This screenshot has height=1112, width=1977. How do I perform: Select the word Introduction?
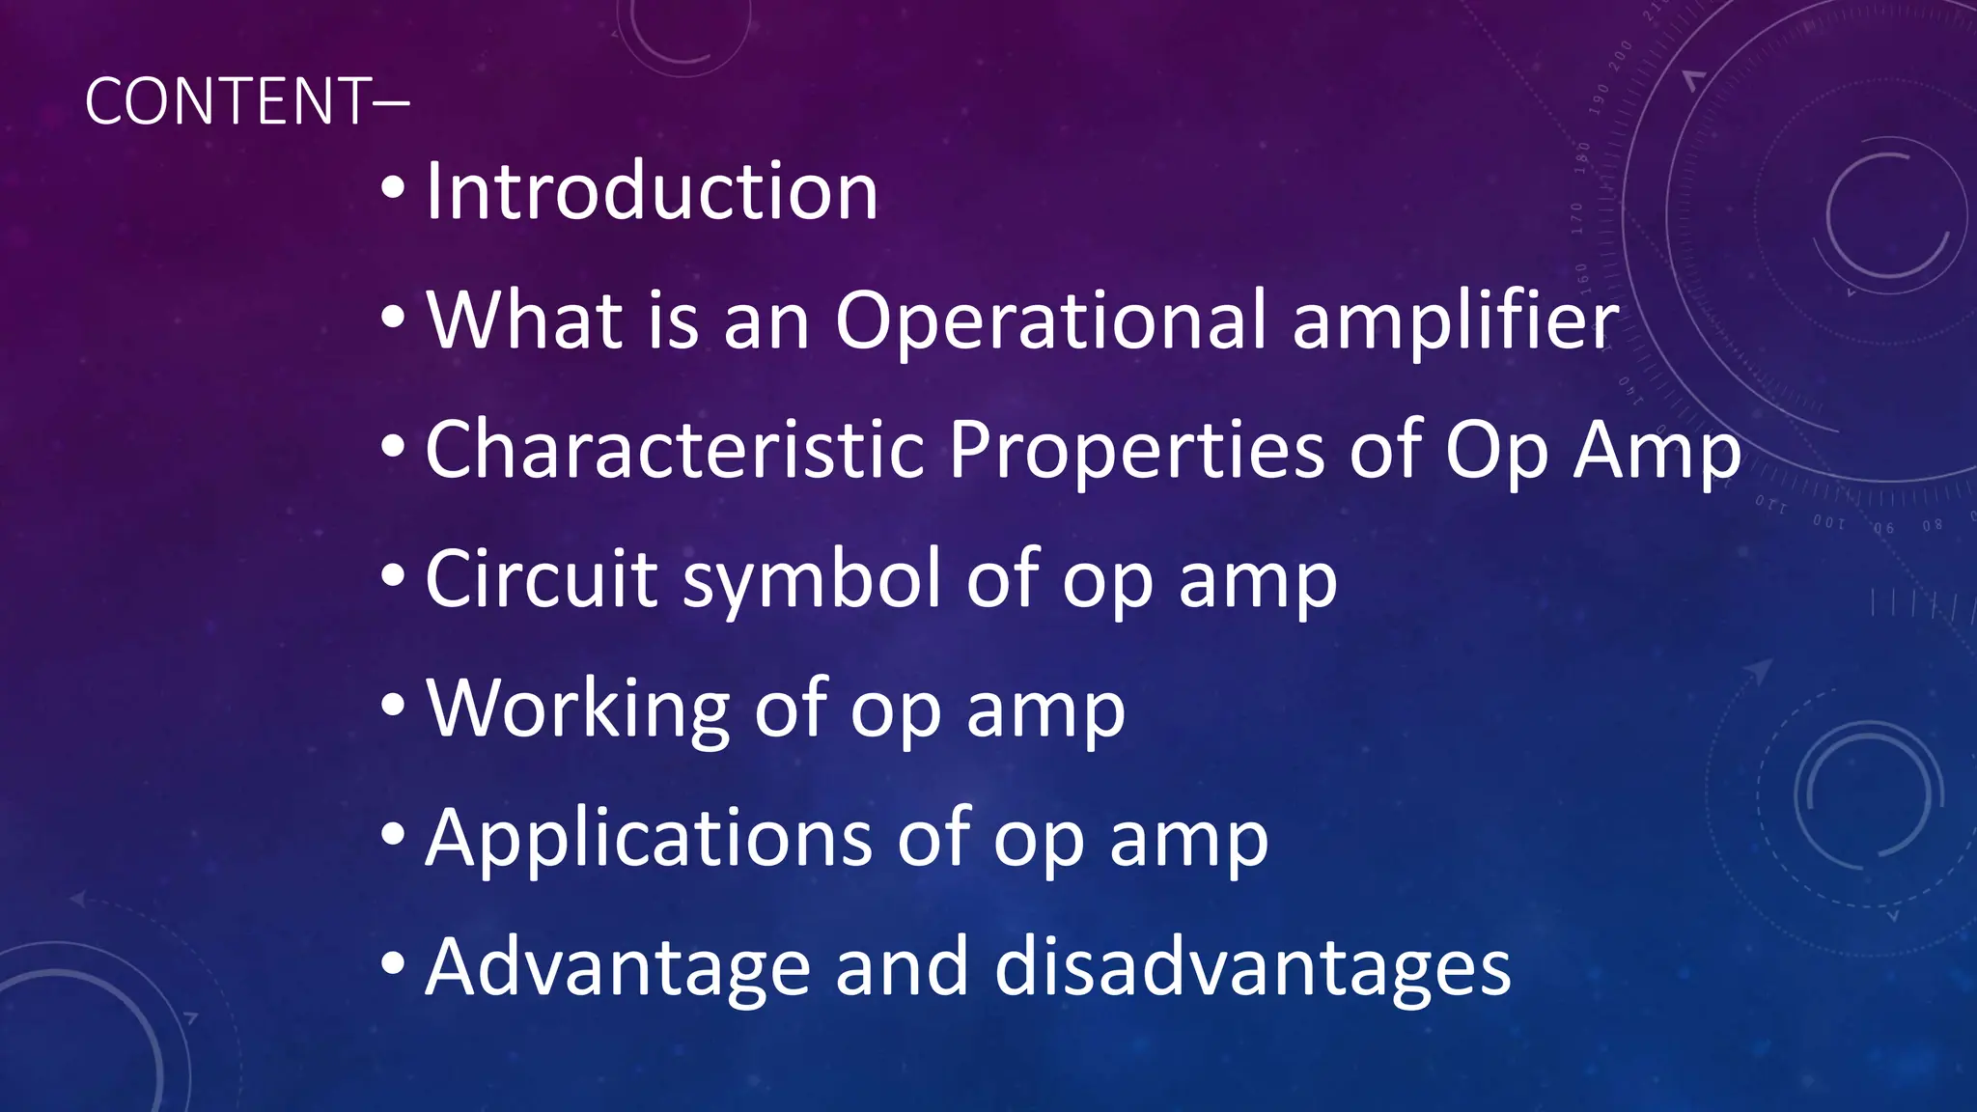[x=652, y=191]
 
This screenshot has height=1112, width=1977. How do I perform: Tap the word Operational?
[x=1050, y=320]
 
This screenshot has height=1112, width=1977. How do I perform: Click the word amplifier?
[x=1456, y=320]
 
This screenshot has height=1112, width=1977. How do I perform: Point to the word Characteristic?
[x=675, y=450]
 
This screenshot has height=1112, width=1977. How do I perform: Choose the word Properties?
[x=1136, y=450]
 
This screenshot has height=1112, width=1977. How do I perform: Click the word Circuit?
[x=542, y=579]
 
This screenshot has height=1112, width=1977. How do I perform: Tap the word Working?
[x=577, y=709]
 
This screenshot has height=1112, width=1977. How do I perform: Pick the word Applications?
[x=649, y=839]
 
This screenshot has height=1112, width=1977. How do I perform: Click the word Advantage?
[x=617, y=968]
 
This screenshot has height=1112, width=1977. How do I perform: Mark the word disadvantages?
[x=1252, y=968]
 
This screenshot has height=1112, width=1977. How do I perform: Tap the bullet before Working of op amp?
[x=393, y=707]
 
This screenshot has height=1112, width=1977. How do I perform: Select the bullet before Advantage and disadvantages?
[x=393, y=964]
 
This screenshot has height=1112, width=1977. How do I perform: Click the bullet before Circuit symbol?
[x=393, y=577]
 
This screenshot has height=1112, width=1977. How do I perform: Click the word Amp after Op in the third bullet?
[x=1657, y=452]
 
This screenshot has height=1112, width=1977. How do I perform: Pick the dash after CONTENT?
[x=390, y=102]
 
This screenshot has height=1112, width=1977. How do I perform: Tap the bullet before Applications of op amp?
[x=393, y=835]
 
